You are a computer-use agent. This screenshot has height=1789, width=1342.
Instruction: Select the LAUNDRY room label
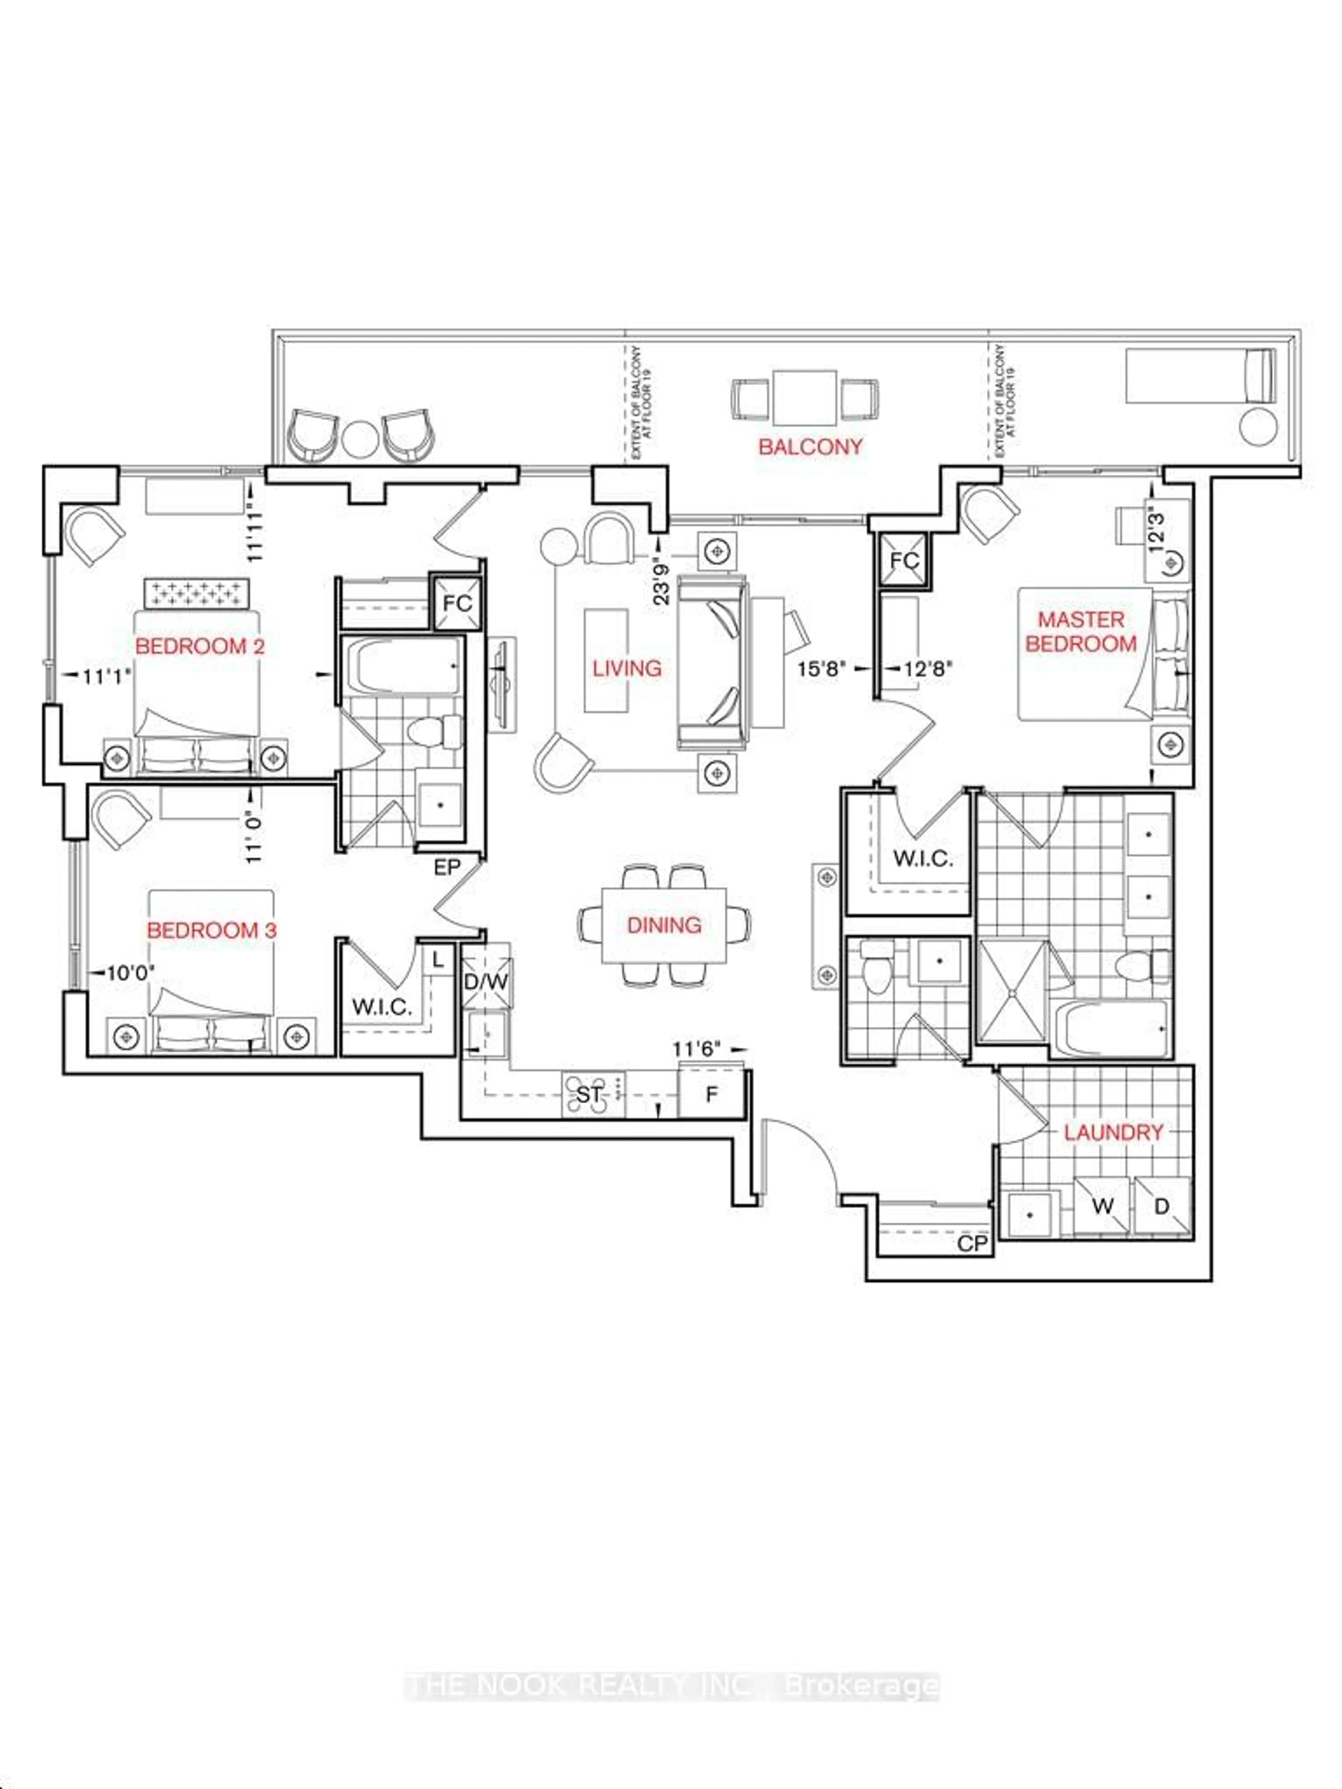(1113, 1132)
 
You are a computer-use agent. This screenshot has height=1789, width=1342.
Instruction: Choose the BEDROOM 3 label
(211, 930)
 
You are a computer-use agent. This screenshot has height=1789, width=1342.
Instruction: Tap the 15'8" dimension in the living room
(821, 669)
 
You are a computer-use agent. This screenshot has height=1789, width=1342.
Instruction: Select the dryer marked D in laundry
(1162, 1206)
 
